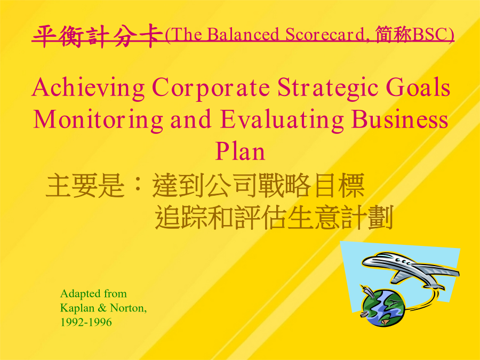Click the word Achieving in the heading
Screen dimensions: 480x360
click(88, 89)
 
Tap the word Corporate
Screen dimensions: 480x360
click(211, 89)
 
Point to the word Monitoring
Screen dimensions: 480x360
click(98, 121)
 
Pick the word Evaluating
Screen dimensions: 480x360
click(282, 121)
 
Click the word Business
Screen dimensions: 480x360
click(399, 119)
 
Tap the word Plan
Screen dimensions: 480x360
click(240, 151)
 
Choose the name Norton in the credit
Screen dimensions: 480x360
click(127, 308)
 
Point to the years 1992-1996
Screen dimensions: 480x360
click(86, 322)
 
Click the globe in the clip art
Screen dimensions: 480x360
click(382, 307)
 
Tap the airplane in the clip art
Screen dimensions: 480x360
click(410, 269)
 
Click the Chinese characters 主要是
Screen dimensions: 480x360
click(85, 185)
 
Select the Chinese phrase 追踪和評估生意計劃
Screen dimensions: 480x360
click(274, 218)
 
